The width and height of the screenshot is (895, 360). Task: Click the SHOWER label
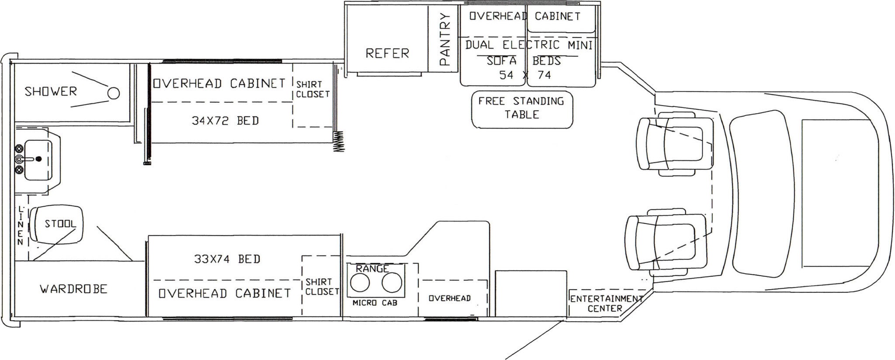coord(51,92)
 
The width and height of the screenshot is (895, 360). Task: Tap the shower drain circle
coord(114,93)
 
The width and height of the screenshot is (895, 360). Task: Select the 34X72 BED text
coord(225,121)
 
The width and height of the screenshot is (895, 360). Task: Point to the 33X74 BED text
coord(227,259)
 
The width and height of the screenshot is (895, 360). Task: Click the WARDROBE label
coord(73,289)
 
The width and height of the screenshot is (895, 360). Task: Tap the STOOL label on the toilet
coord(60,224)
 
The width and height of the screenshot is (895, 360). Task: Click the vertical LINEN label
coord(20,225)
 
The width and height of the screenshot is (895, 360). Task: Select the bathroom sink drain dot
coord(39,159)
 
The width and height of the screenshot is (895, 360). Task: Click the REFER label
coord(387,54)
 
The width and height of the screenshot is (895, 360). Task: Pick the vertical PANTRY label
coord(444,39)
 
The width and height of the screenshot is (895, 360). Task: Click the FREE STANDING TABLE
coord(522,109)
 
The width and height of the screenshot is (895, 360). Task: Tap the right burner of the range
coord(392,283)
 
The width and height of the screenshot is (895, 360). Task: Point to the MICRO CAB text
coord(375,303)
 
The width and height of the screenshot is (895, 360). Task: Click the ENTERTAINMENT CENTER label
coord(606,304)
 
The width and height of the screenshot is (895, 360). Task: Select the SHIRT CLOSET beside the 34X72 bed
coord(312,89)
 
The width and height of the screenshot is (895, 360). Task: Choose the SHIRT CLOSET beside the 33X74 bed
coord(322,287)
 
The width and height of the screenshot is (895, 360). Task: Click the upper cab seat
coord(675,144)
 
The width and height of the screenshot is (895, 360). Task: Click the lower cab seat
coord(666,242)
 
